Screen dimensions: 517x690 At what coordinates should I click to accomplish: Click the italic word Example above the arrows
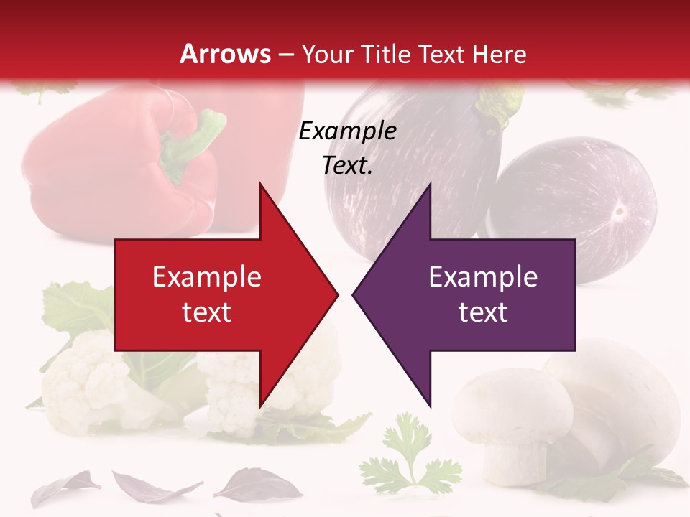[x=347, y=131]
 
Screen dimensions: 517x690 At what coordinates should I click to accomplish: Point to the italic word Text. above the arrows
[x=347, y=166]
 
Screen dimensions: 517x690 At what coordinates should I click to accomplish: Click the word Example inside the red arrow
[x=207, y=277]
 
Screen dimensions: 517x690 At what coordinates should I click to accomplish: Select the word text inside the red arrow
[x=207, y=312]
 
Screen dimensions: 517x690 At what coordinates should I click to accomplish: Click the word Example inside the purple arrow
[x=483, y=277]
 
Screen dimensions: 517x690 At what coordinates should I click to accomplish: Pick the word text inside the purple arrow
[x=483, y=312]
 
